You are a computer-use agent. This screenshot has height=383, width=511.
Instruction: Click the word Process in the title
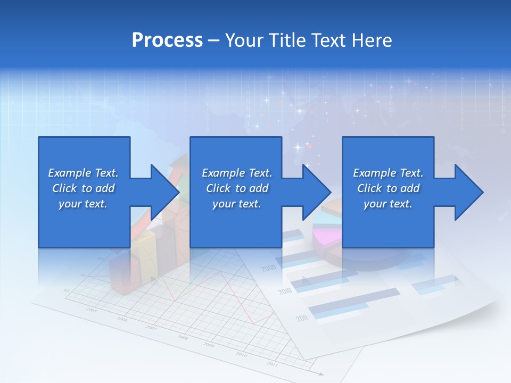(167, 40)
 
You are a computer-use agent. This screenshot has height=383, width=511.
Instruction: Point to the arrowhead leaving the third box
(468, 192)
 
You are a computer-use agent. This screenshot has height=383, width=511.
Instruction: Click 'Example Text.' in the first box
(83, 173)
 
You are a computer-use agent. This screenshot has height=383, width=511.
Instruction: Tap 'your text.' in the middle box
(236, 204)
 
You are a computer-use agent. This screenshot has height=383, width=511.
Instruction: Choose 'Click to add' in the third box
(388, 188)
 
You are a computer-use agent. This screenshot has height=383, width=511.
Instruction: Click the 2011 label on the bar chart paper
(302, 319)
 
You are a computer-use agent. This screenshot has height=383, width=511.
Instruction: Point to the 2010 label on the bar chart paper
(284, 292)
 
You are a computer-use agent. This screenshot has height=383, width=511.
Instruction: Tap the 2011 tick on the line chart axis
(272, 364)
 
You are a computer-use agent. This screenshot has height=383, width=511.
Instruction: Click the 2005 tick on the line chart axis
(92, 310)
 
